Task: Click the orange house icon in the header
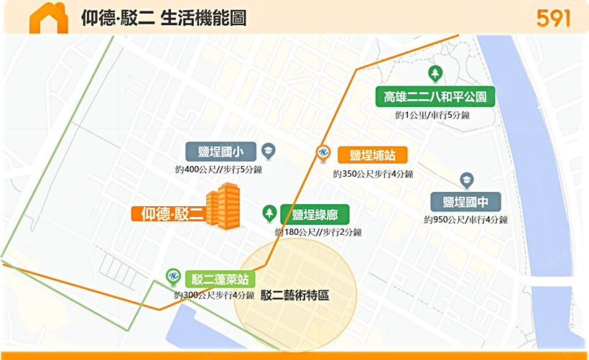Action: click(x=48, y=17)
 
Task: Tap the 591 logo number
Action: click(x=553, y=18)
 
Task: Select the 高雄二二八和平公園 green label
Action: click(x=435, y=96)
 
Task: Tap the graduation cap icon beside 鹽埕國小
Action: click(x=268, y=150)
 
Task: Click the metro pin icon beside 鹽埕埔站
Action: click(x=323, y=154)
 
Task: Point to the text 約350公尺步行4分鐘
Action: click(x=373, y=174)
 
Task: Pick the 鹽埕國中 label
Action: click(x=465, y=202)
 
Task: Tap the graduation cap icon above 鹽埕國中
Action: click(x=466, y=179)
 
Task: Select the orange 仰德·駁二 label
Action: click(x=169, y=213)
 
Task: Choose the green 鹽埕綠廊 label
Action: click(x=315, y=214)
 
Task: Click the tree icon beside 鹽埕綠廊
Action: click(x=269, y=213)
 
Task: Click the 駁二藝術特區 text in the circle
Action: click(x=294, y=295)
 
